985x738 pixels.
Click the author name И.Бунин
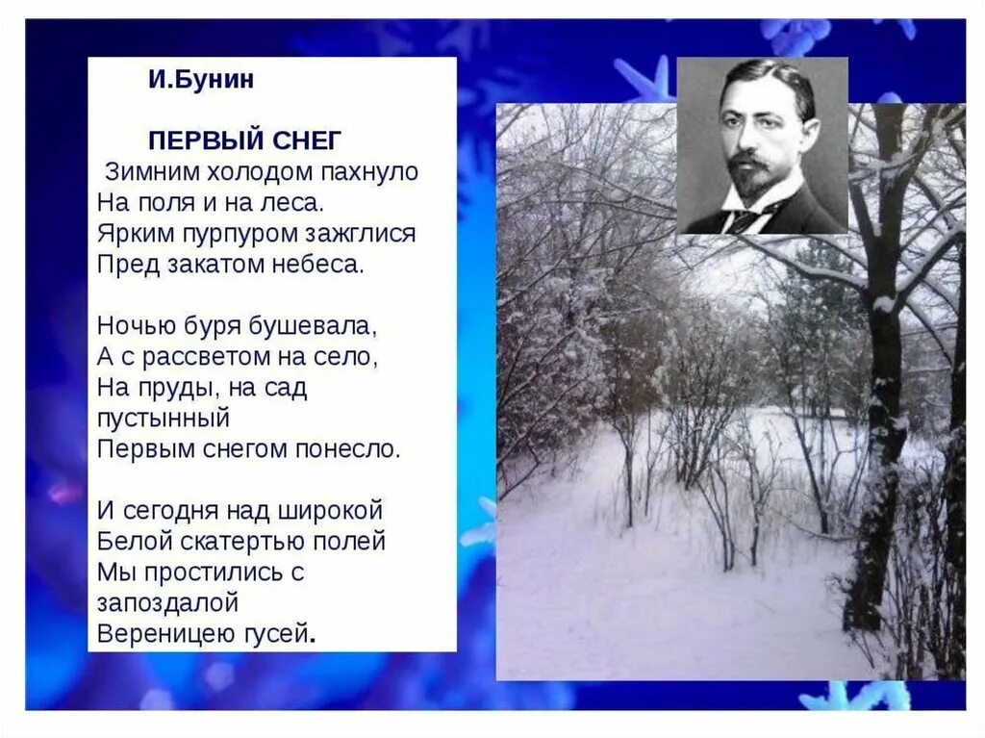tap(201, 80)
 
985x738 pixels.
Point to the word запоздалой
tap(167, 602)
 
